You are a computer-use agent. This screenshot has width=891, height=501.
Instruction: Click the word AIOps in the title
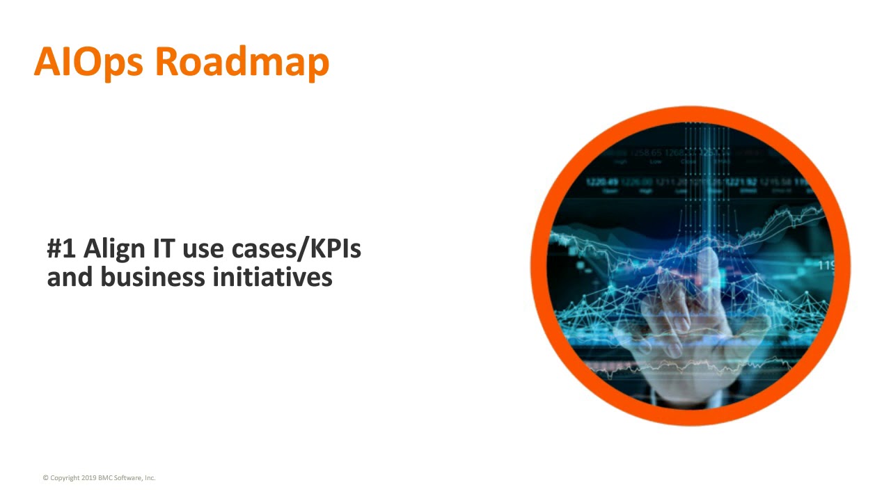pyautogui.click(x=88, y=62)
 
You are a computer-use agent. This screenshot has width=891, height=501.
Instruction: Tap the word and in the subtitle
pyautogui.click(x=70, y=276)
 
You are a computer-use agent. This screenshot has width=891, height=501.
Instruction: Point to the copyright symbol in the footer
pyautogui.click(x=46, y=478)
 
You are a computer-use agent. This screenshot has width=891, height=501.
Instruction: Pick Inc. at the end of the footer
pyautogui.click(x=150, y=478)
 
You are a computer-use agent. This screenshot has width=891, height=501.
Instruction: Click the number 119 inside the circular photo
pyautogui.click(x=826, y=265)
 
